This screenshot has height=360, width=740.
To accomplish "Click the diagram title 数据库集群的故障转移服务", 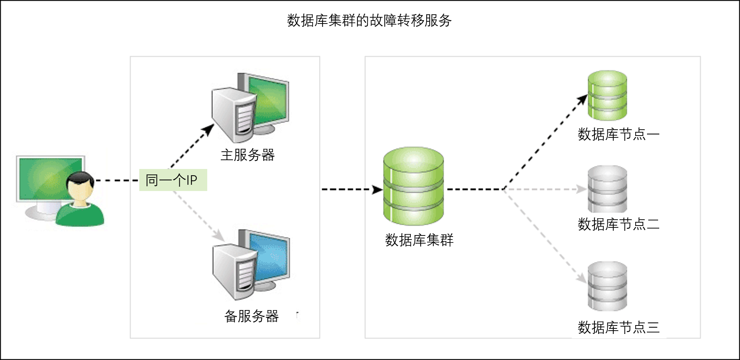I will click(369, 21).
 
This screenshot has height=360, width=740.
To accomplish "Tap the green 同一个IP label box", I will click(173, 180).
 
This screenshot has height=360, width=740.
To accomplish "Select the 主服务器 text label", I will click(247, 155).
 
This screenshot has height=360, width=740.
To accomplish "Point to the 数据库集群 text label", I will click(419, 240).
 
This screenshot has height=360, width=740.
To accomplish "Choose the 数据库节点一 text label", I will click(618, 134).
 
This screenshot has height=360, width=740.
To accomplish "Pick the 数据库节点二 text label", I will click(618, 224).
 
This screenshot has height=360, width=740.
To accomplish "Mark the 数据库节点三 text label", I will click(618, 327).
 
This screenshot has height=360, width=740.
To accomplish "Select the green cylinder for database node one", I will click(607, 95).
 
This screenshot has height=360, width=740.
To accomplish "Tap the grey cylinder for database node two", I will click(607, 189).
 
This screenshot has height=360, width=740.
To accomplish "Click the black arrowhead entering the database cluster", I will click(377, 190).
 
